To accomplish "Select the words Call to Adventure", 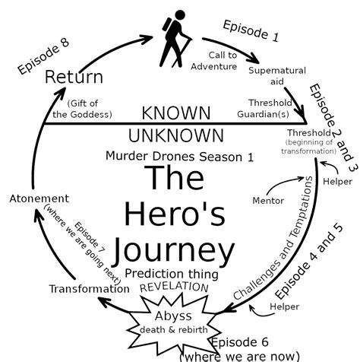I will pos(224,61).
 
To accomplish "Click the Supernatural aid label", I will pos(277,76).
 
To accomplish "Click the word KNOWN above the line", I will pos(176,113).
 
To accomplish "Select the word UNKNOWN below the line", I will pos(175,136).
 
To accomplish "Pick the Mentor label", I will pos(267,201).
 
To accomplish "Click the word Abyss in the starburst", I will pos(174,316).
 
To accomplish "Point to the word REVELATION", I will pos(173,287).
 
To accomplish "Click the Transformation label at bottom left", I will pos(89,288).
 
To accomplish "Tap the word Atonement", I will pos(39,198).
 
